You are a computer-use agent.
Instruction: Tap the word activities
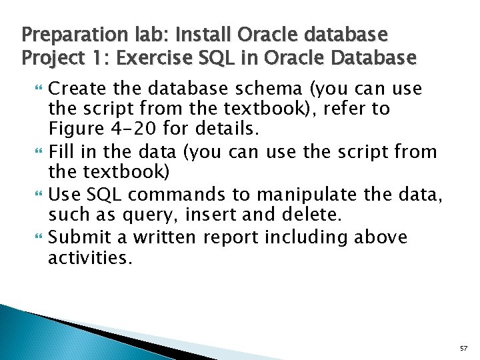[x=90, y=257]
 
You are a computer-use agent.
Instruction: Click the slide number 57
[x=463, y=349]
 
